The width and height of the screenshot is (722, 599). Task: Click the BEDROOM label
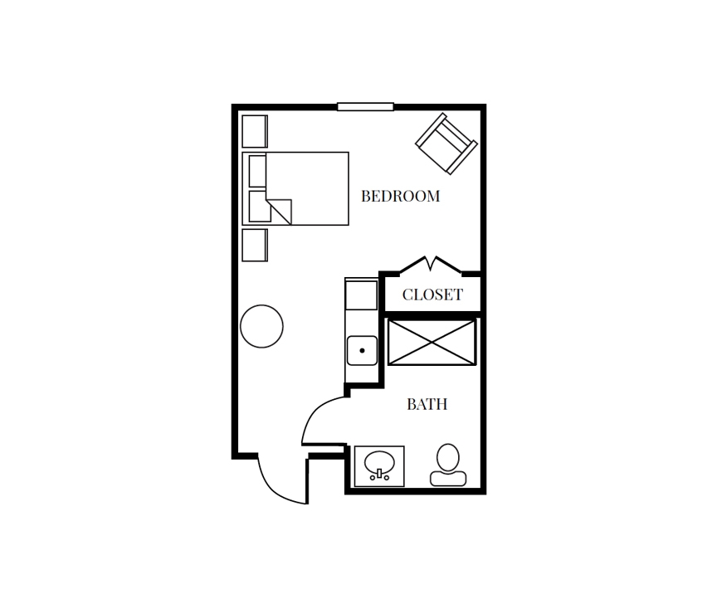[x=400, y=196]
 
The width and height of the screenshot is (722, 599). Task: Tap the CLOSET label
[x=432, y=295]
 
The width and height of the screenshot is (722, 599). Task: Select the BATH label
[x=427, y=404]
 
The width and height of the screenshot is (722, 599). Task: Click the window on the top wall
[x=366, y=107]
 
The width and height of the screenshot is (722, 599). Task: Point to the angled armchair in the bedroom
[x=446, y=144]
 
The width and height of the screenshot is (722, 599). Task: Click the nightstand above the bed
[x=255, y=131]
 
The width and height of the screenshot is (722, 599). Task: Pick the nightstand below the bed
[x=255, y=246]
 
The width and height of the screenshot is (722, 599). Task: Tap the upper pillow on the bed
[x=257, y=171]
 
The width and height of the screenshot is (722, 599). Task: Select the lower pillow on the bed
[x=259, y=207]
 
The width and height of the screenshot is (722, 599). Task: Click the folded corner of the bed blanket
[x=281, y=211]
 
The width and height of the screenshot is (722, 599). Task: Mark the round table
[x=261, y=326]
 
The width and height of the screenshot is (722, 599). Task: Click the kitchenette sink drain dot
[x=363, y=350]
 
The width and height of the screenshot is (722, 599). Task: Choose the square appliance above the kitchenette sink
[x=361, y=295]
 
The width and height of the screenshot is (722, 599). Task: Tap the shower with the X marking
[x=432, y=343]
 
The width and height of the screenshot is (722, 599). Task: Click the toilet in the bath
[x=448, y=465]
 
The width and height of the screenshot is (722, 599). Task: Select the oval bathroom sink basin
[x=379, y=464]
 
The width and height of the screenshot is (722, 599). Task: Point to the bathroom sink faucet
[x=379, y=475]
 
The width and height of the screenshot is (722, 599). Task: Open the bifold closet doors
[x=431, y=265]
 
